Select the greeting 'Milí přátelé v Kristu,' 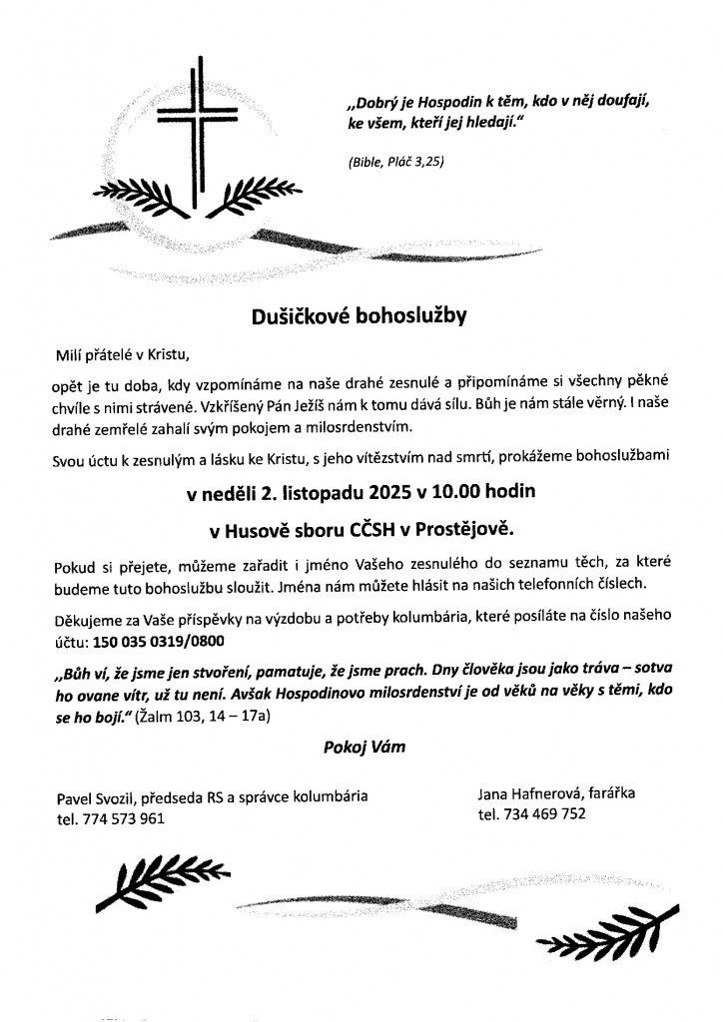[121, 353]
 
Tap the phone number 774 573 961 [123, 817]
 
